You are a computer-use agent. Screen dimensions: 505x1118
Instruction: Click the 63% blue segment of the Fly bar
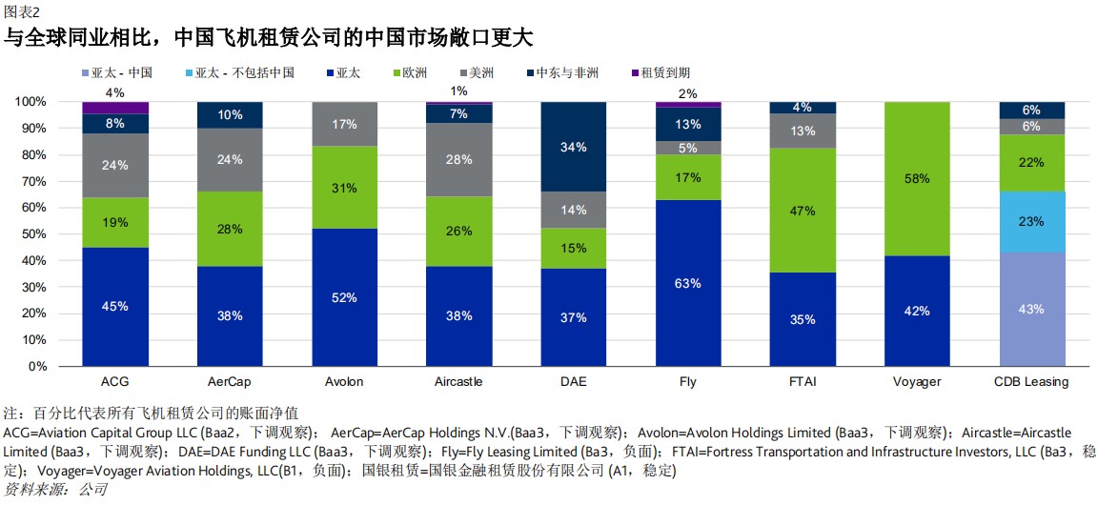point(688,283)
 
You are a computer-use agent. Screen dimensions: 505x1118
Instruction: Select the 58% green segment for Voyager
point(918,178)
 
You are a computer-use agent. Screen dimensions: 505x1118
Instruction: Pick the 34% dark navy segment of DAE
point(574,147)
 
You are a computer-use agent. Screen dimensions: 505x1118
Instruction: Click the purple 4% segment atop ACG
point(115,108)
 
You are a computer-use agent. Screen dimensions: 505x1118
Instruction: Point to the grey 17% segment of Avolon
point(345,124)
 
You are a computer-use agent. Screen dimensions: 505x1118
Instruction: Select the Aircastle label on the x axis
point(458,382)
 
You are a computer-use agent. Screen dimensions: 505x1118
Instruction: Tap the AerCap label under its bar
point(229,382)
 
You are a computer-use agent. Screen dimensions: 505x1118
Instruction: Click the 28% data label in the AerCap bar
point(230,229)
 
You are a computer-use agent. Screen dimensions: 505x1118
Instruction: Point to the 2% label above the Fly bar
point(688,93)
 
